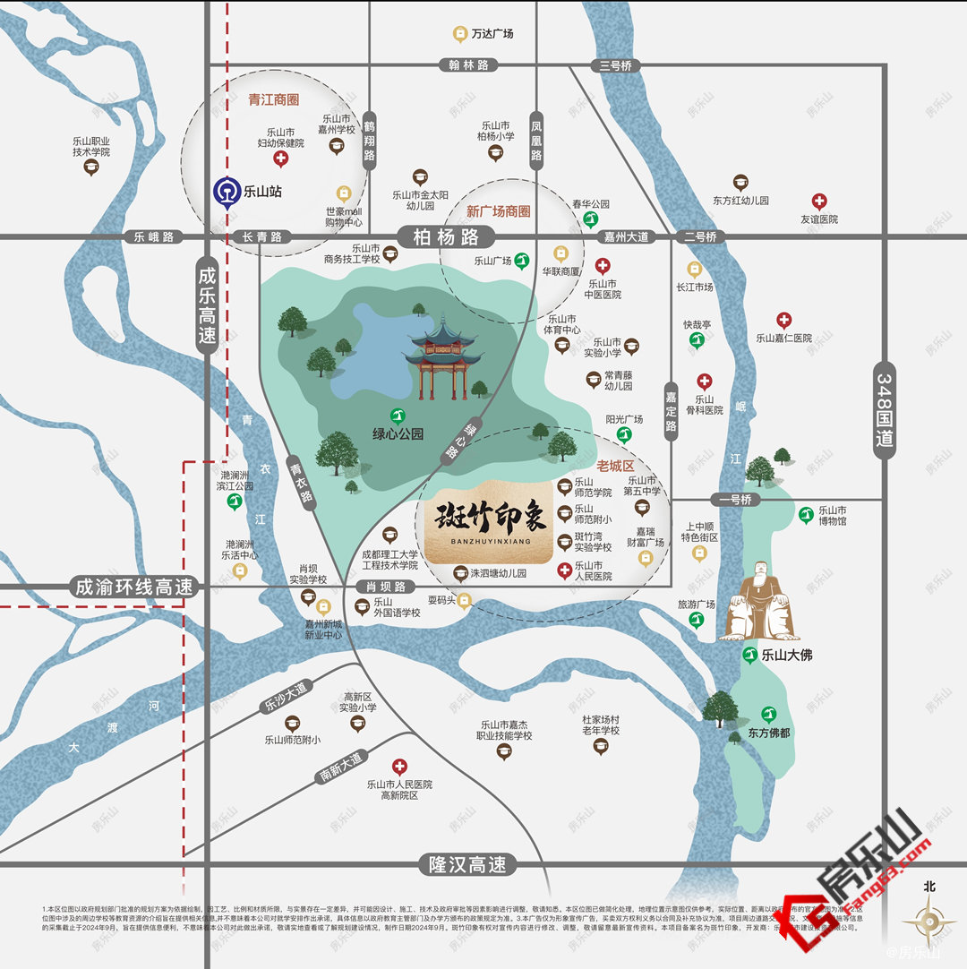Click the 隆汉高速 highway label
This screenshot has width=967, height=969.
click(467, 864)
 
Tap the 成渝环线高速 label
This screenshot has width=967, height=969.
click(134, 587)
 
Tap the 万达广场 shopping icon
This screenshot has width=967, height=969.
click(460, 34)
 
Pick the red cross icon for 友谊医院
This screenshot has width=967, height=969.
click(819, 202)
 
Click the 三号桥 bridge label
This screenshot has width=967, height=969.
click(616, 65)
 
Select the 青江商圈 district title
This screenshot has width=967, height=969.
click(274, 99)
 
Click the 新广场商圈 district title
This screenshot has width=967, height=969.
click(498, 212)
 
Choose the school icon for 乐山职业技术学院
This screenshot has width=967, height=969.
click(90, 167)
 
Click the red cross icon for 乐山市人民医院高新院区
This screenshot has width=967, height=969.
click(399, 767)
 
